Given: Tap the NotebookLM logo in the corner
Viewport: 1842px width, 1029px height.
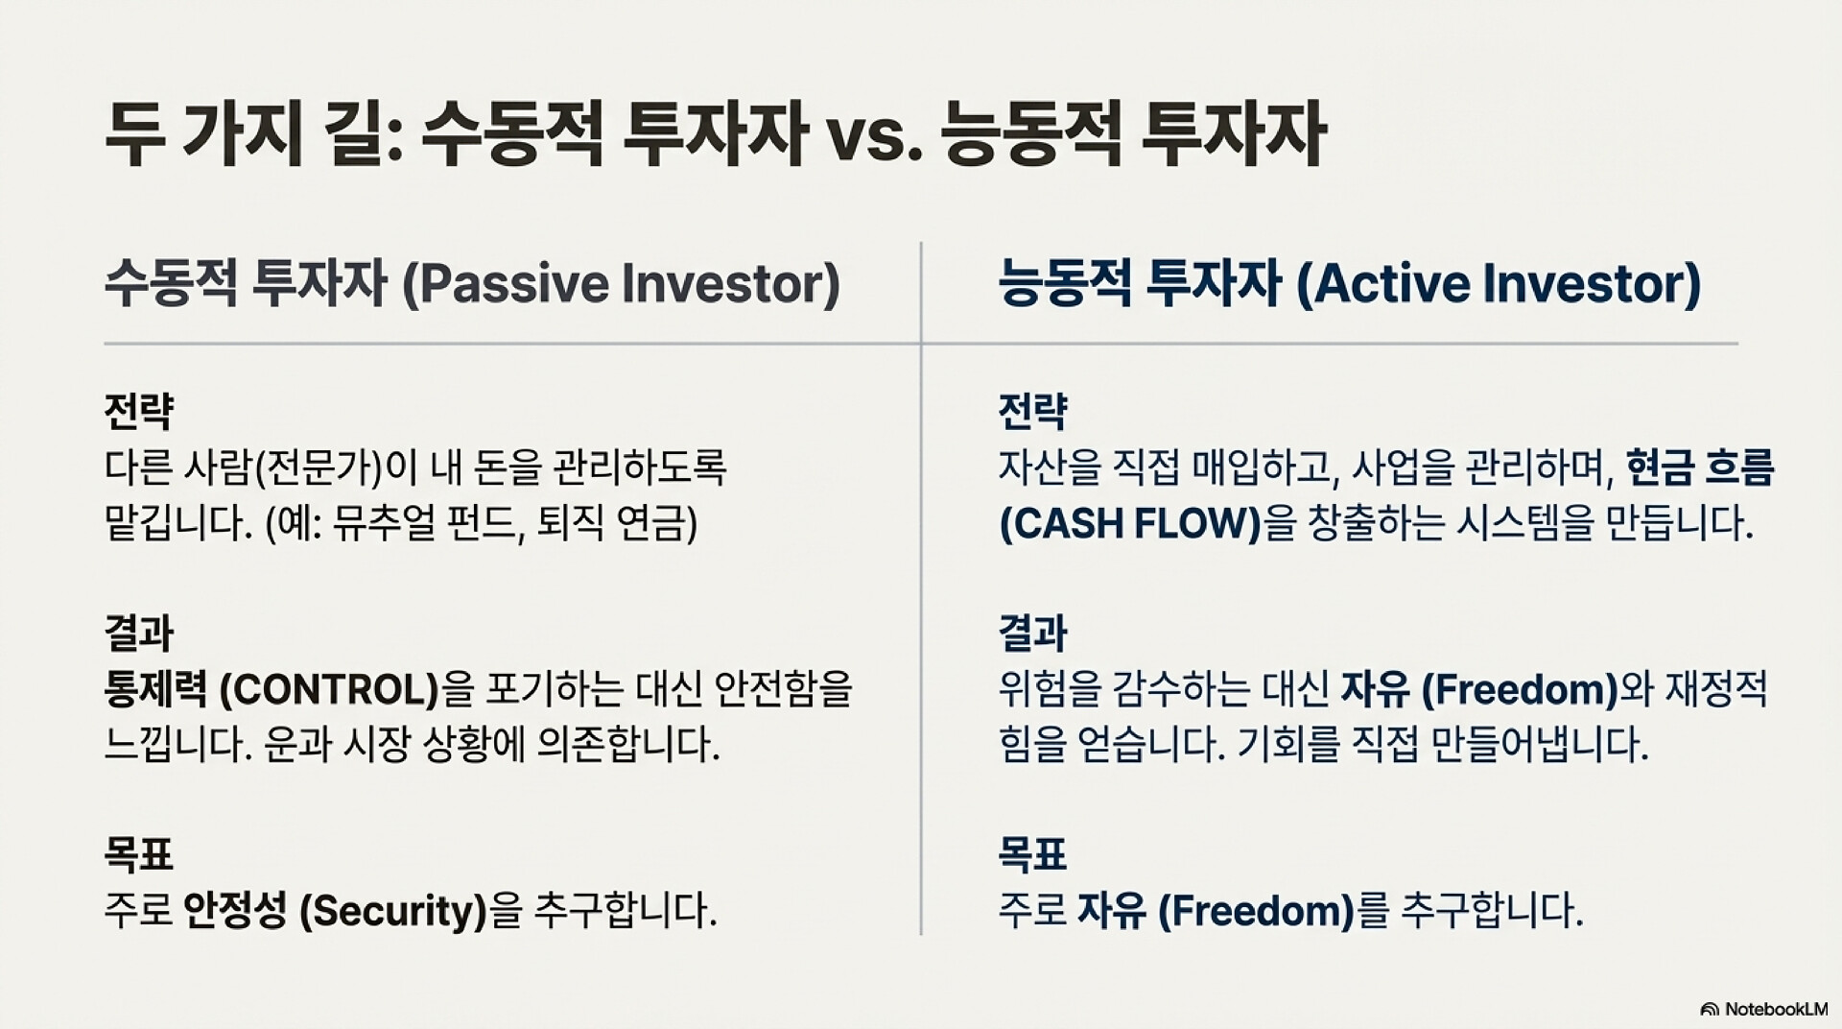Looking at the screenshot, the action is (1763, 1009).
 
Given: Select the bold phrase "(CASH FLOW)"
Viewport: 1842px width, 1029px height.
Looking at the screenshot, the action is (1130, 524).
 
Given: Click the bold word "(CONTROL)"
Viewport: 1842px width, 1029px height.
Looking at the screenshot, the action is (329, 689).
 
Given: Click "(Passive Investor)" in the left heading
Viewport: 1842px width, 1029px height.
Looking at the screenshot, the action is (621, 284).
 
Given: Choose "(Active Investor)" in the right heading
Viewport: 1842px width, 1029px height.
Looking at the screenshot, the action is (1499, 284).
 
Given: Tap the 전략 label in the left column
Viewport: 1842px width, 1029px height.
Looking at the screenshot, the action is (139, 411).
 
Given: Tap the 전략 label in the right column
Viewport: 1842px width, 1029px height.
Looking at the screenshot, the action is (1033, 411).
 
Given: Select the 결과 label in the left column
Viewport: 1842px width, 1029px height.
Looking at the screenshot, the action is (139, 633).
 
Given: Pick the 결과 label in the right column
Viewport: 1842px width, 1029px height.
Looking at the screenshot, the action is (1033, 633).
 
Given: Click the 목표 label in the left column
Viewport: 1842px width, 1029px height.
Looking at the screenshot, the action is (139, 854).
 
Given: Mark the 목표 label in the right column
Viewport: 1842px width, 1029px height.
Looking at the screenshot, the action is (1033, 854).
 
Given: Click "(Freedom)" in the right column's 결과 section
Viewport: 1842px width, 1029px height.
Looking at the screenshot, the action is (1520, 689).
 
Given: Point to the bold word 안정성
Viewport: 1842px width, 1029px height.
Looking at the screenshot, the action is (235, 910).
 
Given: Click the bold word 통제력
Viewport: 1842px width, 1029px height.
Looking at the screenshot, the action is (156, 689).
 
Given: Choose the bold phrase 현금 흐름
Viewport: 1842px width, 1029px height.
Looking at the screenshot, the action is (1700, 467).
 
